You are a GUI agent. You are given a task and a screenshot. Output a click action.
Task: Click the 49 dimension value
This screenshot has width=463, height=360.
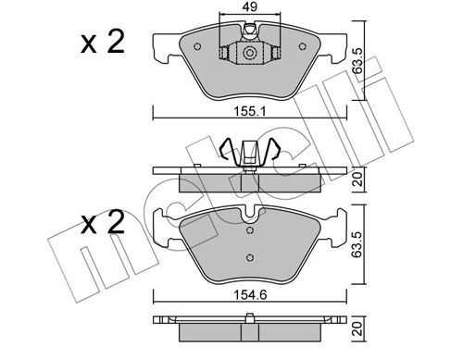tap(250, 6)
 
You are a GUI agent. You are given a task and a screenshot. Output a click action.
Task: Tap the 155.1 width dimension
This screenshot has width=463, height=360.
tap(249, 112)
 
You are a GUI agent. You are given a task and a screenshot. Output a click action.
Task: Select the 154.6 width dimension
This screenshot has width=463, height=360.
tap(250, 295)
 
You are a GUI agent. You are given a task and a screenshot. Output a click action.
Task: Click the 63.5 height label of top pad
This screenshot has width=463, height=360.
tap(358, 60)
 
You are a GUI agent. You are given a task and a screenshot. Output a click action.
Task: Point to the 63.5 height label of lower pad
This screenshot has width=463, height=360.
tap(358, 244)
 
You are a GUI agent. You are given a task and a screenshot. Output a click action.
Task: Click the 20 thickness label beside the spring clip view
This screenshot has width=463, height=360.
tap(358, 180)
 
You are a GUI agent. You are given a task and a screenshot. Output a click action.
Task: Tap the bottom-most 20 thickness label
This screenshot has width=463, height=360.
tap(358, 329)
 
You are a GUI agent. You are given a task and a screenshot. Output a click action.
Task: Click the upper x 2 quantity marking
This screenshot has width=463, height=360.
tap(103, 43)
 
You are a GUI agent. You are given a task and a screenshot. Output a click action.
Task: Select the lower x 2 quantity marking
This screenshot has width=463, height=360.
tap(103, 223)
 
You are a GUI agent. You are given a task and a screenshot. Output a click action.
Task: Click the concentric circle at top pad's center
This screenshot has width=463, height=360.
tap(249, 53)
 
